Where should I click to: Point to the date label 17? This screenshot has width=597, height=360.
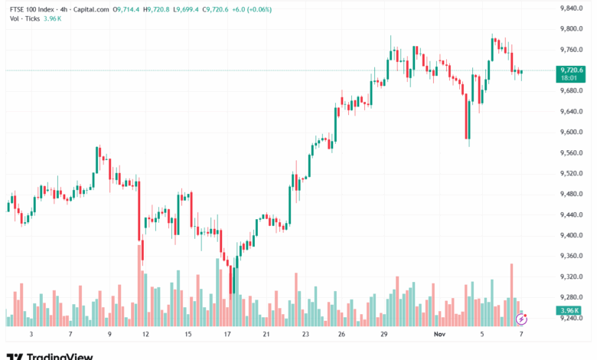[x=227, y=335]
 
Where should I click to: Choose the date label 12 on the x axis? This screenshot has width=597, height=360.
[x=145, y=335]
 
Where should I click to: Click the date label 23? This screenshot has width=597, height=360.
[x=305, y=335]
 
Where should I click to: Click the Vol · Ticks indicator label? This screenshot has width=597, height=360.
[x=24, y=18]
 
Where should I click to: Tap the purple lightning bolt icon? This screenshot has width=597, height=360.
[x=521, y=319]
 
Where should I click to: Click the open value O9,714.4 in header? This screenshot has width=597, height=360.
[x=126, y=9]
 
